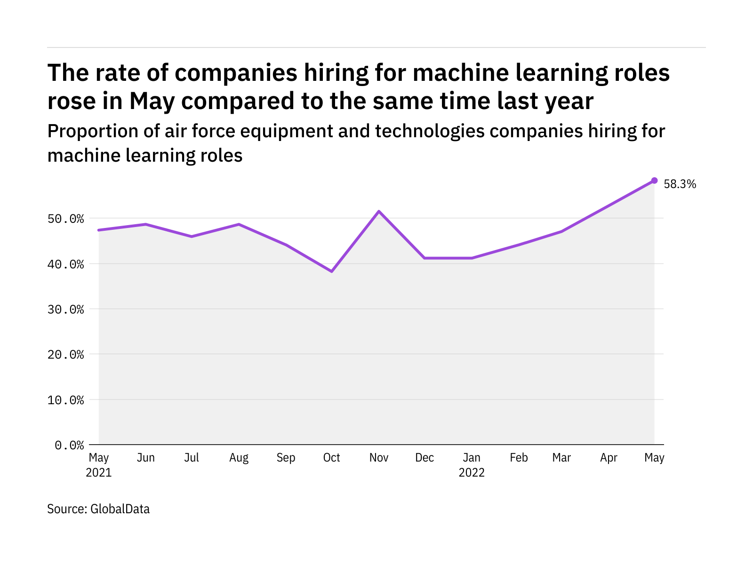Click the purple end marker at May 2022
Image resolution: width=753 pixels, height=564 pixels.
(x=654, y=180)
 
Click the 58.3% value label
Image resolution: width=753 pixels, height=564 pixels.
(x=680, y=184)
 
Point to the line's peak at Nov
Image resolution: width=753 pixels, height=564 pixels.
(x=379, y=211)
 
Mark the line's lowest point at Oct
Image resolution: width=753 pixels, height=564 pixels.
(x=332, y=271)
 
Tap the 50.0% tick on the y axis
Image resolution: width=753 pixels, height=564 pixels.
(x=69, y=219)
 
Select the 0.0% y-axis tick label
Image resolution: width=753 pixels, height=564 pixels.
(x=69, y=445)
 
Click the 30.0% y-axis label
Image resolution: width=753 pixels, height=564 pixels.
(x=69, y=309)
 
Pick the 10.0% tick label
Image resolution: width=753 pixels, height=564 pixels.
(x=69, y=400)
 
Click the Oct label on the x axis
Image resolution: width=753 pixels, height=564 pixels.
(x=332, y=458)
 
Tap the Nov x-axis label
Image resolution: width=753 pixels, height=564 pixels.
(x=379, y=458)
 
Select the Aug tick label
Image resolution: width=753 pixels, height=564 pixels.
(x=239, y=458)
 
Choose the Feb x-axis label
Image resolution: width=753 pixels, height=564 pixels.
(x=519, y=458)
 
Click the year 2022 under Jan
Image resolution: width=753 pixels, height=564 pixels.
(x=472, y=472)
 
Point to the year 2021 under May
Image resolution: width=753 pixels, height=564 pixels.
(x=99, y=472)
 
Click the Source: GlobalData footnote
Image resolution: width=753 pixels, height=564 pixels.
(x=98, y=509)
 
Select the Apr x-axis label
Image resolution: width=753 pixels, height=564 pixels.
(x=609, y=458)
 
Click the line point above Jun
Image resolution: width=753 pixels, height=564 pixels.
(x=145, y=224)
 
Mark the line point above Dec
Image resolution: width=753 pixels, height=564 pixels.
(x=425, y=258)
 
